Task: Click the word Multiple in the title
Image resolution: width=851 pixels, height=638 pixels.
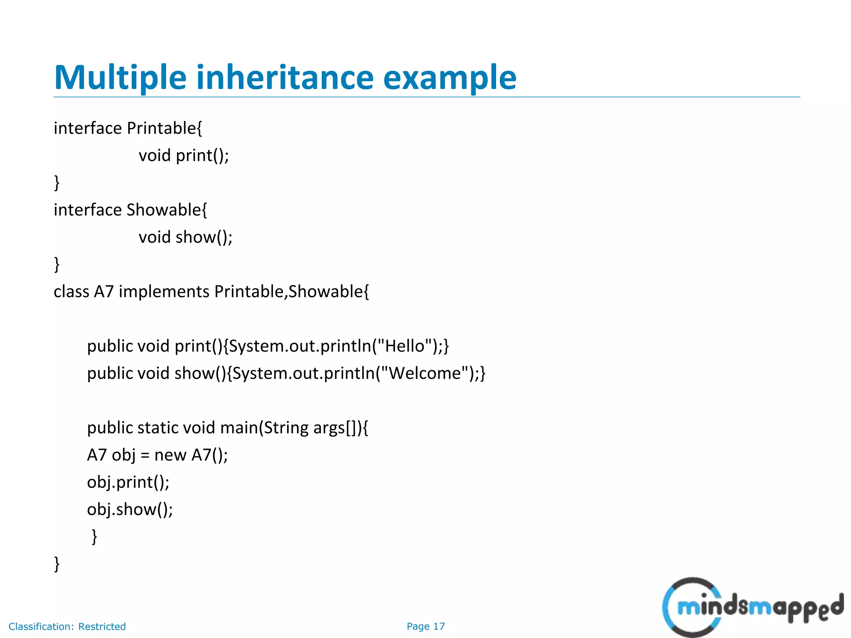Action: pos(120,78)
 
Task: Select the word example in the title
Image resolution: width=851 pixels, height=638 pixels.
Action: pos(450,78)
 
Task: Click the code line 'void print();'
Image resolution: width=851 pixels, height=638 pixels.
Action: pos(184,156)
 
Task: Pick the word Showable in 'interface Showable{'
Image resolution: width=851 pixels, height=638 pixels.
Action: pos(164,210)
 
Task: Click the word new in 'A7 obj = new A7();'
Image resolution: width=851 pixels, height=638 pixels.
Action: pos(170,455)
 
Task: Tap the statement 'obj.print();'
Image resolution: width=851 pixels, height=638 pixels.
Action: pos(128,482)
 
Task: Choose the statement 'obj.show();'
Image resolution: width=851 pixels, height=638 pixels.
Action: pos(130,510)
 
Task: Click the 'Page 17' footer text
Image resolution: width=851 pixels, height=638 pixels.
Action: pos(425,626)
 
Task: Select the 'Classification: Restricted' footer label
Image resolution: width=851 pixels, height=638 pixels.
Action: pos(67,626)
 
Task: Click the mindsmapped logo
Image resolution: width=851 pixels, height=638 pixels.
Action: pos(752,608)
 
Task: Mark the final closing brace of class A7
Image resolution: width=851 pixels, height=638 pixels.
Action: pos(57,564)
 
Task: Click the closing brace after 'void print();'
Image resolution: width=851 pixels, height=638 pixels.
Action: pos(57,183)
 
